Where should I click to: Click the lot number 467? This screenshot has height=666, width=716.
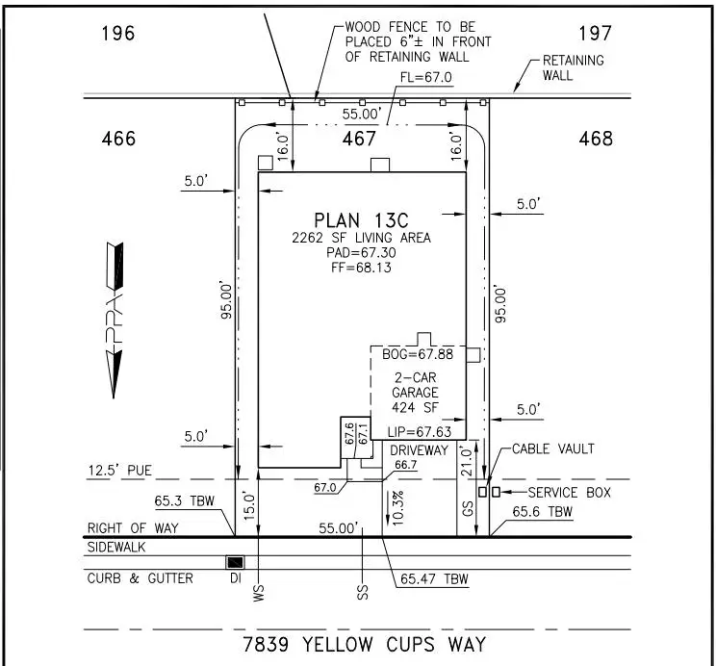[360, 140]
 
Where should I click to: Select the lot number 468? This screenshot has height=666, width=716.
[596, 140]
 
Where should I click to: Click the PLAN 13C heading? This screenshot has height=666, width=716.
[363, 219]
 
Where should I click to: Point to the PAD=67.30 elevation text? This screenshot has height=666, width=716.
[363, 251]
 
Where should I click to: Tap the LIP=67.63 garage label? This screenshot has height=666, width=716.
[415, 431]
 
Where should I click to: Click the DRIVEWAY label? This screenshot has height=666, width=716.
[420, 449]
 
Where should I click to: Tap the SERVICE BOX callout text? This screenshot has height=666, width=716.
[559, 492]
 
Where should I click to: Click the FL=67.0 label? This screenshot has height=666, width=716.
[419, 78]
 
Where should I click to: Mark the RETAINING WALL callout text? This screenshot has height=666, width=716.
[574, 67]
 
